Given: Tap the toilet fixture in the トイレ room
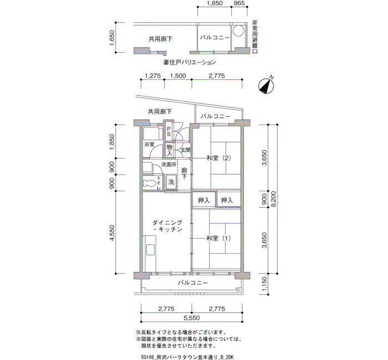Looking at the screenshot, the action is [x=150, y=183].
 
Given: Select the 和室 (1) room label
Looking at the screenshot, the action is [x=219, y=238].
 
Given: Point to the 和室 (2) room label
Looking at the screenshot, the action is [x=219, y=158].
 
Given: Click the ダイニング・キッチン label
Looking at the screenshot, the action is [x=167, y=226].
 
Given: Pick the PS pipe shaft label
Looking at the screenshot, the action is [x=169, y=132].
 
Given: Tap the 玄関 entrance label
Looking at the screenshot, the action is [x=186, y=150].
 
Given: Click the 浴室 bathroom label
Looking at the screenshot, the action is [x=149, y=145].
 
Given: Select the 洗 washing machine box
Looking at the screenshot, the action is [x=171, y=182].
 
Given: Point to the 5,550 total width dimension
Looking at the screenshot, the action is [x=192, y=318].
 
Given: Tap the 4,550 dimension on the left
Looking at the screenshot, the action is [x=113, y=233].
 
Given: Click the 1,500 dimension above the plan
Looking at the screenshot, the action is [x=178, y=76].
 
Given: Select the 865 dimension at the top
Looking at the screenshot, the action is [x=239, y=3].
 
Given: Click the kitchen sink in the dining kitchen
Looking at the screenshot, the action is [x=150, y=249].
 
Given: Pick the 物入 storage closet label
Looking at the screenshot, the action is [x=170, y=150].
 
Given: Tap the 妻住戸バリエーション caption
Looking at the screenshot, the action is [x=190, y=62].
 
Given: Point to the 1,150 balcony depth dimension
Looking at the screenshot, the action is [x=264, y=284].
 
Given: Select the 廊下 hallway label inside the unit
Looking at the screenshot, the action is [x=184, y=173].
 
